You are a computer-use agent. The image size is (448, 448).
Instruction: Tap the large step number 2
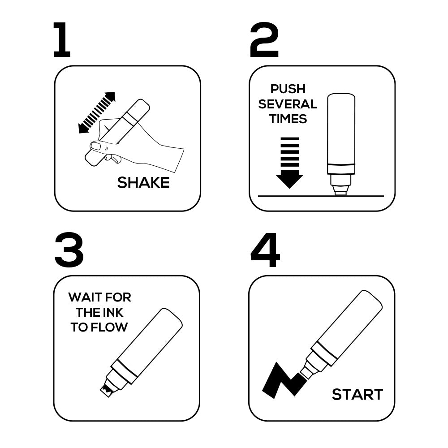coord(264,40)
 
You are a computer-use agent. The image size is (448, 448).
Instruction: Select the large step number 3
coord(69,250)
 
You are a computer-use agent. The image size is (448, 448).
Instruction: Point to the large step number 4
coord(265,250)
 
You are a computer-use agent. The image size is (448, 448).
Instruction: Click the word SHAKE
coord(143,183)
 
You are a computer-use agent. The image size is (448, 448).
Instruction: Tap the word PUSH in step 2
coord(288,89)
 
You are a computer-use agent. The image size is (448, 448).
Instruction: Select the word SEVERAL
coord(288,104)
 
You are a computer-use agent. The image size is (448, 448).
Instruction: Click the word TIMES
coord(288,119)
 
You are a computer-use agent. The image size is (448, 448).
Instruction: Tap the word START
coord(358,395)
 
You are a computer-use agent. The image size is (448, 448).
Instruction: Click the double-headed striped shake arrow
coord(97,112)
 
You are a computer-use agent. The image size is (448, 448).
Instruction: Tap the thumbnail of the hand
coord(95,146)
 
